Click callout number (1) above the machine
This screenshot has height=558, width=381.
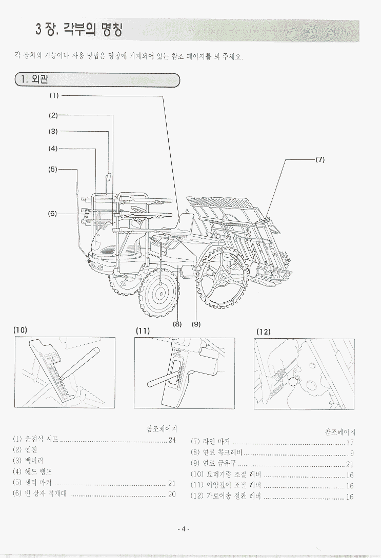coord(54,95)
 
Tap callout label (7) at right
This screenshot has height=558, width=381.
coord(320,159)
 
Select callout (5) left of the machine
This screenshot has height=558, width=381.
coord(53,169)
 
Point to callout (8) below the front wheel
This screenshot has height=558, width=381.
coord(177,323)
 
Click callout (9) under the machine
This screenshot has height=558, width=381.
coord(196,323)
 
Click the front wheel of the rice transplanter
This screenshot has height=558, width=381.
coord(160,293)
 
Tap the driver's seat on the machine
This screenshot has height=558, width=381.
coord(185,225)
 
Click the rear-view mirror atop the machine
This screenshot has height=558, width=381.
coord(108,178)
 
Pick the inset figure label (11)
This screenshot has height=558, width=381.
coord(143,330)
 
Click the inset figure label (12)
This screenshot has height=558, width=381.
coord(263,331)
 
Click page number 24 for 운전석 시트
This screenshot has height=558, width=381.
coord(172,440)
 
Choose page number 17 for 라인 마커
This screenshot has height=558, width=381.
coord(350,442)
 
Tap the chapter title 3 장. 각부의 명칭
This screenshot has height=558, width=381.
coord(79,29)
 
